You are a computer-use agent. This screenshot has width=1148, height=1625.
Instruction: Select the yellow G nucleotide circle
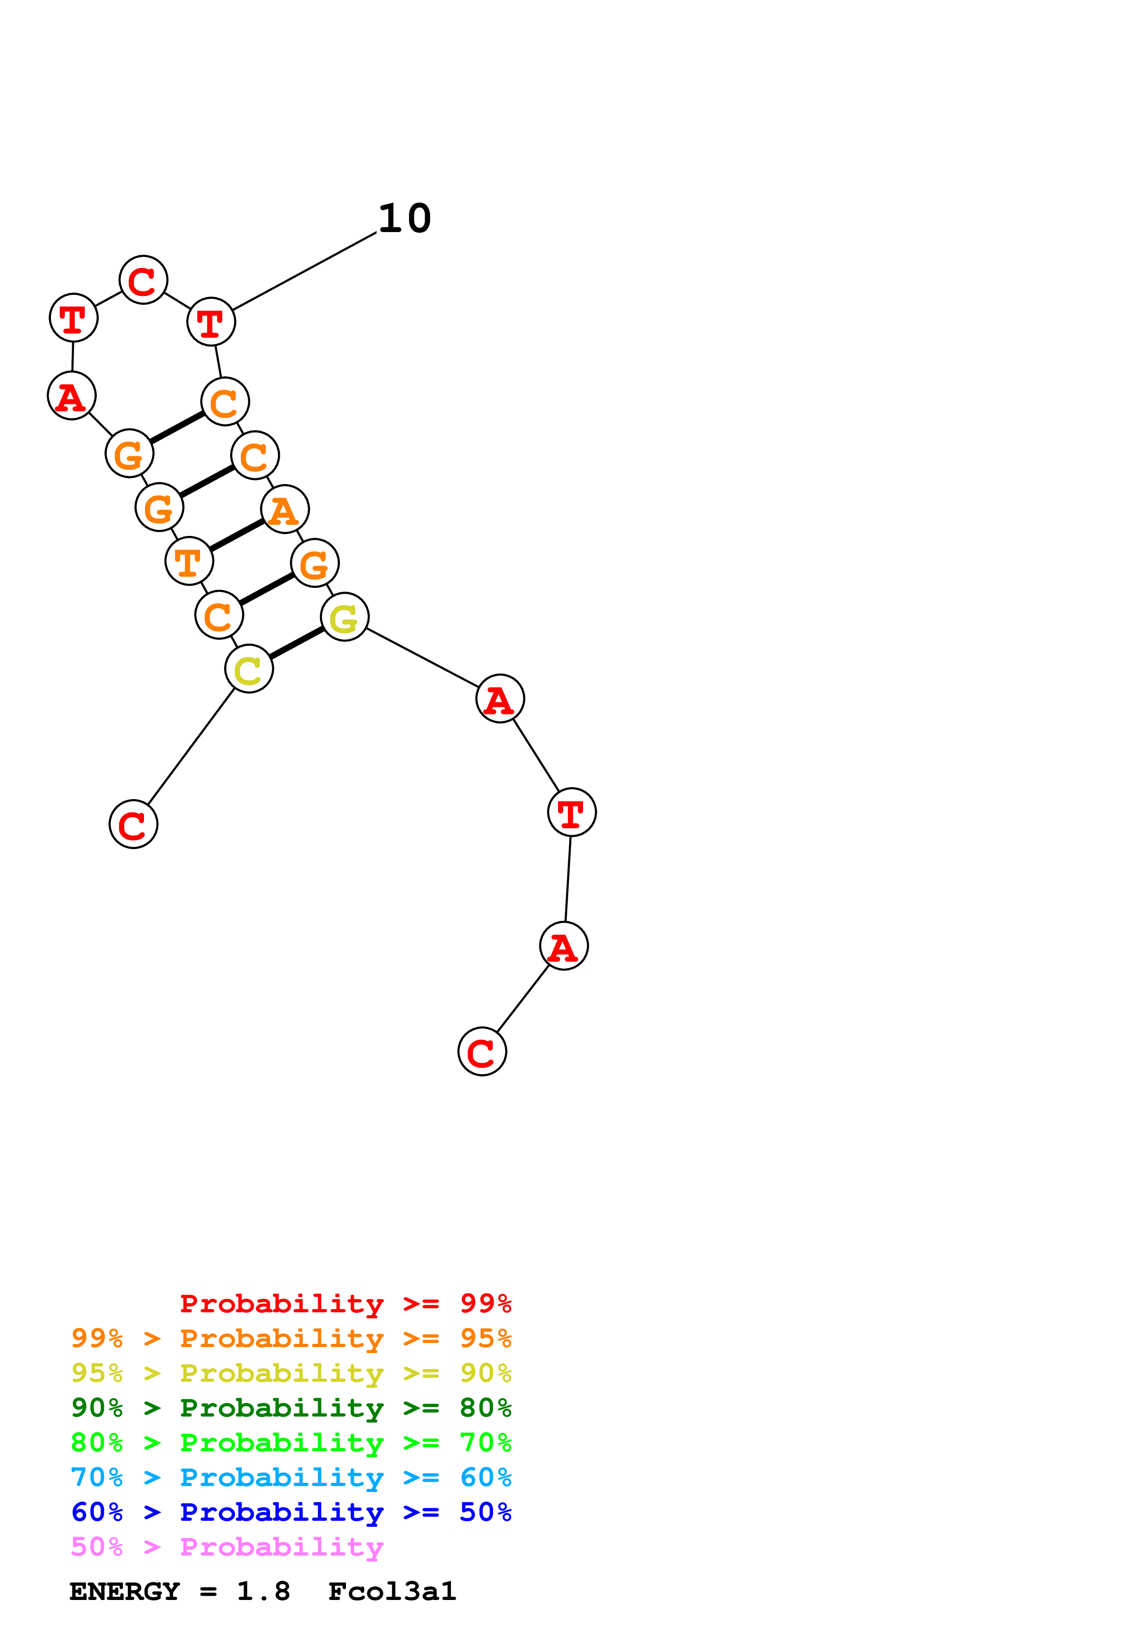tap(345, 617)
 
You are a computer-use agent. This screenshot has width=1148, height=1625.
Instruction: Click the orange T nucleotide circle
tap(189, 561)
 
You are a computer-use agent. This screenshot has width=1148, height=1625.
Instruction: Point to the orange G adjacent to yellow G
tap(315, 563)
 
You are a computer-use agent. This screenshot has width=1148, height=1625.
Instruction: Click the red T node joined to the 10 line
tap(211, 322)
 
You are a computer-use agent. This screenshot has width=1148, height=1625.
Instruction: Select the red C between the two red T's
tap(143, 280)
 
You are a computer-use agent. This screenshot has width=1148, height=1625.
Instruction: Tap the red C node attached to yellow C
tap(133, 825)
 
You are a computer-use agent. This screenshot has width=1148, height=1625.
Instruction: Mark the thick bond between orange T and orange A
tap(237, 535)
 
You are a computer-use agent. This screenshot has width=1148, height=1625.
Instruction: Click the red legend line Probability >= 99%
tap(345, 1304)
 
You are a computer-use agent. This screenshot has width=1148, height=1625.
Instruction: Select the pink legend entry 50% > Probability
tap(227, 1547)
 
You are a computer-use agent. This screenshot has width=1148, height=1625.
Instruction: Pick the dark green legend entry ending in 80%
tap(291, 1408)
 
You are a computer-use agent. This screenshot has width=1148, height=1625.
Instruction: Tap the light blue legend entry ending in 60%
tap(291, 1478)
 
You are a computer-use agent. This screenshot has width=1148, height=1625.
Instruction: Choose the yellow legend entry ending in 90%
tap(291, 1373)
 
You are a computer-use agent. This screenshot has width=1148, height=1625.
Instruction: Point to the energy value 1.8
tap(263, 1592)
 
